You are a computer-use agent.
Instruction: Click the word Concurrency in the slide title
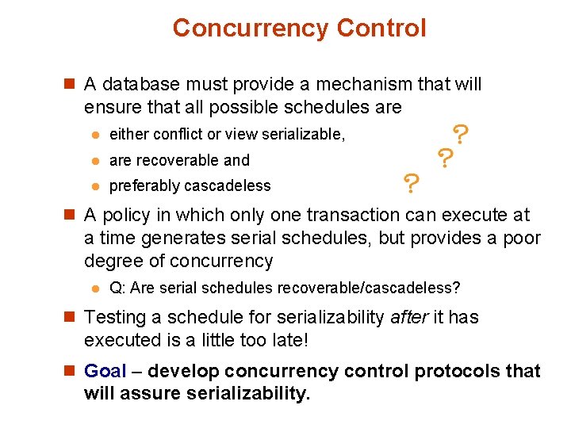[251, 29]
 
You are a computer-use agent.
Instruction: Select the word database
[140, 84]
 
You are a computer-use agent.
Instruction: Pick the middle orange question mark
[445, 159]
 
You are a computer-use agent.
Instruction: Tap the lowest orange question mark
[411, 185]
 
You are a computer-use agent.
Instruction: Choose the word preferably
[145, 186]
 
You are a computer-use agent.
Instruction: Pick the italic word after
[411, 317]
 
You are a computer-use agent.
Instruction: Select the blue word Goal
[105, 371]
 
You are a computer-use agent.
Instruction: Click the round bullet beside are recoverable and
[94, 161]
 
